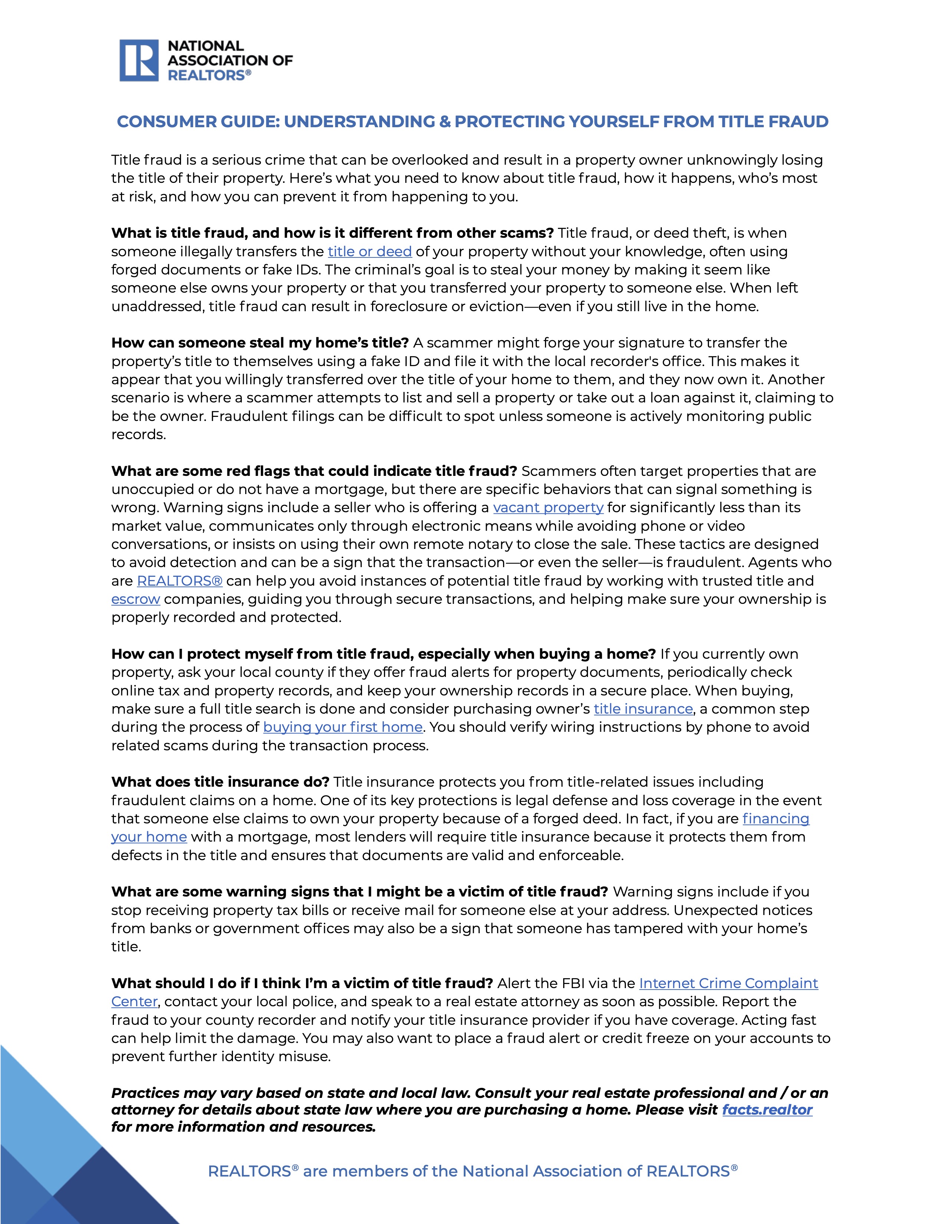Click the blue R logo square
point(139,60)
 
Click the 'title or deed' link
point(369,251)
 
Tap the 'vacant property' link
point(548,508)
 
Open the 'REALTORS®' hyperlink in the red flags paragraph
point(179,581)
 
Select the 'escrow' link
point(136,600)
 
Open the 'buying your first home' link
point(342,727)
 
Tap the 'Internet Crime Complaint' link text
point(728,984)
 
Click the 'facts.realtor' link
point(767,1110)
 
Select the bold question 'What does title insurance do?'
point(220,782)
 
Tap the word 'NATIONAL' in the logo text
point(206,46)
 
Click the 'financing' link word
point(776,819)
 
